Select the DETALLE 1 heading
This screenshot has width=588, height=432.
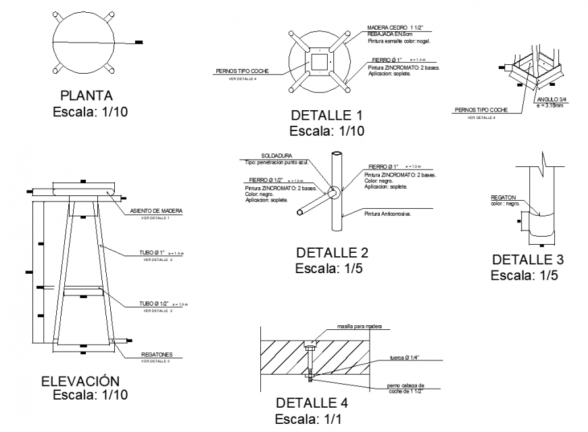tap(327, 115)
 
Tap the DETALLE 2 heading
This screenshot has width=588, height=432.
tap(332, 253)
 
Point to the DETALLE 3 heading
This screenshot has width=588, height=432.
tap(528, 260)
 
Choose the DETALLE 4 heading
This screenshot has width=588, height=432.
tap(312, 404)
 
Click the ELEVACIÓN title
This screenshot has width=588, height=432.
tap(80, 381)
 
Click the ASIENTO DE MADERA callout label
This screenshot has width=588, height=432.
tap(155, 212)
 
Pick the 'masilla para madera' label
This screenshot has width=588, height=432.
tap(360, 327)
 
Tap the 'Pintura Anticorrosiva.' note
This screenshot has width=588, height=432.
tap(388, 214)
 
